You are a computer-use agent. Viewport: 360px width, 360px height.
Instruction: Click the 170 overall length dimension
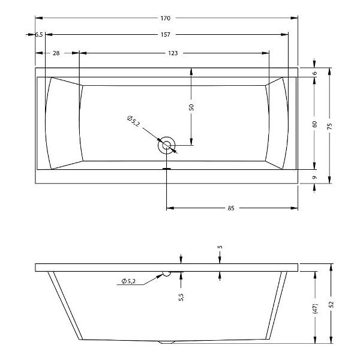coord(166,18)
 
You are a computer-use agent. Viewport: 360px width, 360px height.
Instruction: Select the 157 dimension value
coord(166,35)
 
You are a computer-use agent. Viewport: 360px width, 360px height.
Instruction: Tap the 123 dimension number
coord(173,53)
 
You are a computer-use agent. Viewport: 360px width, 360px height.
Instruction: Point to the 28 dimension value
coord(56,53)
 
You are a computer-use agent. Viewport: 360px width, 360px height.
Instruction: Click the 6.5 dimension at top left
coord(39,35)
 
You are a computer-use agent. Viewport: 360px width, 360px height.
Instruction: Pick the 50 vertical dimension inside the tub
coord(191,107)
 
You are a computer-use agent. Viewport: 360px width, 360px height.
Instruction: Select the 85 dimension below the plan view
coord(231,208)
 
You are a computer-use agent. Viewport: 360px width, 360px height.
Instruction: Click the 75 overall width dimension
coord(329,126)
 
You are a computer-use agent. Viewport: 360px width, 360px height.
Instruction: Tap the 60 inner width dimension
coord(315,124)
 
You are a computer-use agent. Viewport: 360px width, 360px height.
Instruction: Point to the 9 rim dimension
coord(315,178)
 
